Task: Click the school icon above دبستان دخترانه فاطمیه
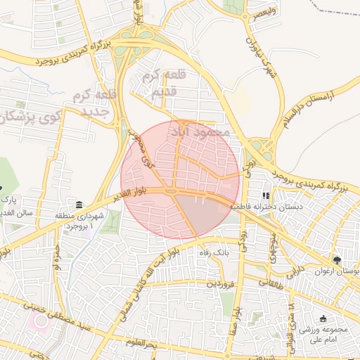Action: (x=266, y=195)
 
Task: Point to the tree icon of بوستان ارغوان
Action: (x=338, y=259)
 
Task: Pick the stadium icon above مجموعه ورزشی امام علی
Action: (x=323, y=318)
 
